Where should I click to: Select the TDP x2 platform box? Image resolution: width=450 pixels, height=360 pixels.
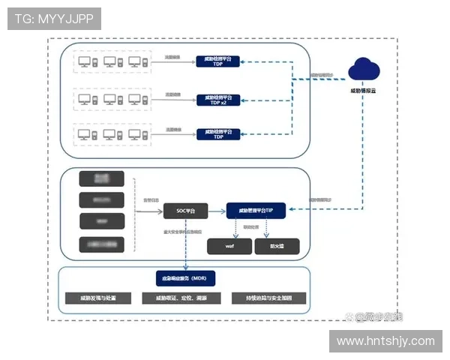217,99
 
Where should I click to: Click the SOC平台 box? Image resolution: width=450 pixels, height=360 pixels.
185,211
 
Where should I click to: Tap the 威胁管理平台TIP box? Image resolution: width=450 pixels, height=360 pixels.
256,211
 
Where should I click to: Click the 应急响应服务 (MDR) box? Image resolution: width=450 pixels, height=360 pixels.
184,278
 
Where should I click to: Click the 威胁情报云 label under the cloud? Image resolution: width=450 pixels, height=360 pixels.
364,91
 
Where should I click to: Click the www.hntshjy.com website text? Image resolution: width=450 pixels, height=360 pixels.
385,341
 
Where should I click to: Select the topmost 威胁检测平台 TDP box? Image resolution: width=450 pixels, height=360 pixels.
217,61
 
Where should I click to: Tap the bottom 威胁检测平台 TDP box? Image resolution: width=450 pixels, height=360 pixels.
217,135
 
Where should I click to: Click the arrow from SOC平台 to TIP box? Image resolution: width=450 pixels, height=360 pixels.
217,211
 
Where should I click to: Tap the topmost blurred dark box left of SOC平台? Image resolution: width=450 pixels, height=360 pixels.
100,178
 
